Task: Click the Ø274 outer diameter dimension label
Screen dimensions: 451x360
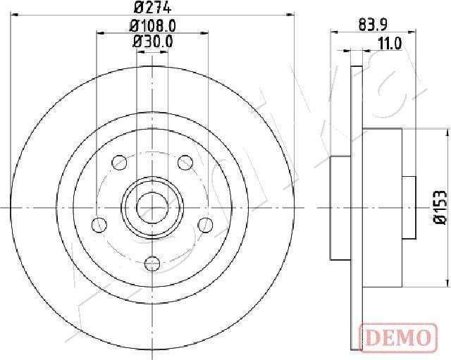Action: click(153, 8)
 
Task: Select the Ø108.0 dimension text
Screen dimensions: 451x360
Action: click(152, 26)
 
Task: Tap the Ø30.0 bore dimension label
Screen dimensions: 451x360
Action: click(152, 42)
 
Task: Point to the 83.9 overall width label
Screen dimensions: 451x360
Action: click(373, 25)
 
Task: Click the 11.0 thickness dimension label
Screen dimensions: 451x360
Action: click(390, 44)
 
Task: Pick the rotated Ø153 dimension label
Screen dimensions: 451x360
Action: click(440, 207)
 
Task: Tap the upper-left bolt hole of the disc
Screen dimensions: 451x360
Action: click(119, 163)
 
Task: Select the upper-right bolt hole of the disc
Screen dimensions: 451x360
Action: click(185, 163)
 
